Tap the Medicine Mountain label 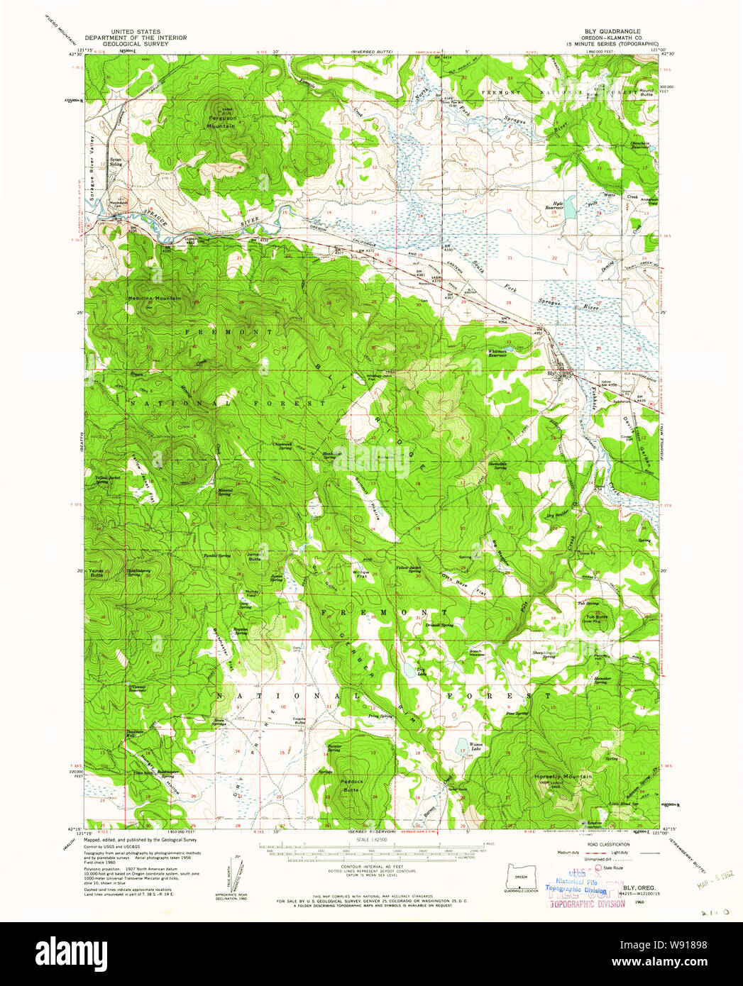pyautogui.click(x=154, y=299)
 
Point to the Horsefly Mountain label pyautogui.click(x=563, y=777)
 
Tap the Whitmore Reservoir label pyautogui.click(x=497, y=353)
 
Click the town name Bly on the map pyautogui.click(x=550, y=373)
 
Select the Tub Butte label pyautogui.click(x=596, y=617)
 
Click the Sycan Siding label pyautogui.click(x=116, y=162)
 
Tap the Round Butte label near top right pyautogui.click(x=646, y=92)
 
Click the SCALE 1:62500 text pyautogui.click(x=372, y=840)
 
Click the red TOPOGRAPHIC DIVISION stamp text pyautogui.click(x=588, y=904)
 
